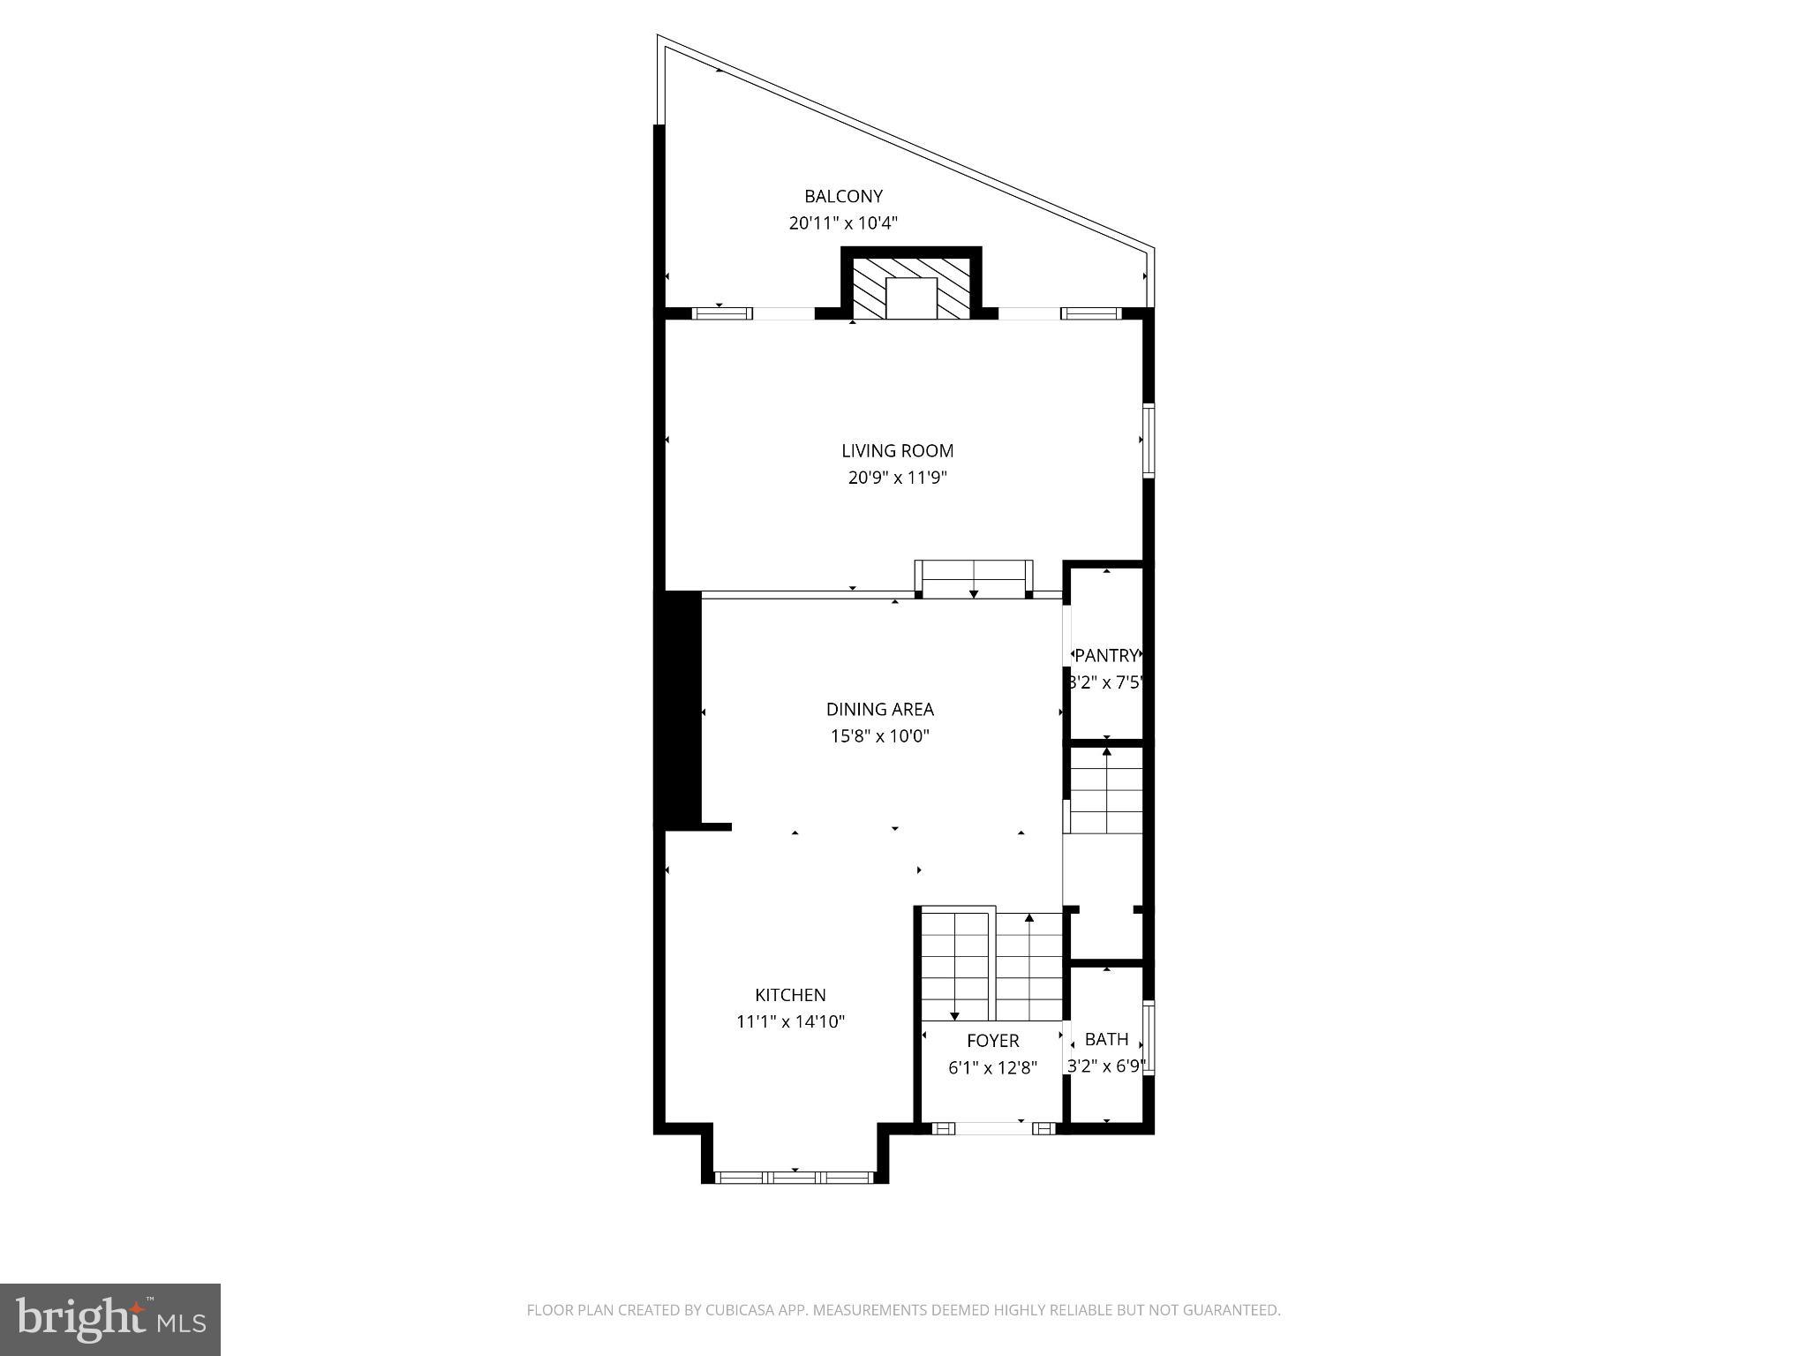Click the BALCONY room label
(x=843, y=196)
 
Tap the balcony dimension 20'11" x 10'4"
(x=843, y=223)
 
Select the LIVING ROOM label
(x=897, y=450)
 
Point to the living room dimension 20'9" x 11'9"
(x=897, y=478)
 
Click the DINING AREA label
(x=879, y=709)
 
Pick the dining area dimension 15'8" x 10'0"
(x=879, y=736)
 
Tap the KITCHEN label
(x=790, y=995)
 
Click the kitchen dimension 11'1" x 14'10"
(x=790, y=1022)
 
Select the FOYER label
(x=992, y=1041)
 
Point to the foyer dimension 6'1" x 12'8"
(x=992, y=1068)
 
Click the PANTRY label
(x=1106, y=656)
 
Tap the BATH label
(x=1106, y=1039)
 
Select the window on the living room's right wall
(x=1149, y=440)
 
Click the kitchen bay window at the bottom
(x=794, y=1177)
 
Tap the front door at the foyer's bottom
(x=993, y=1127)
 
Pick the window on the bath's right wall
(x=1149, y=1038)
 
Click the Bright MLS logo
(x=110, y=1319)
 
